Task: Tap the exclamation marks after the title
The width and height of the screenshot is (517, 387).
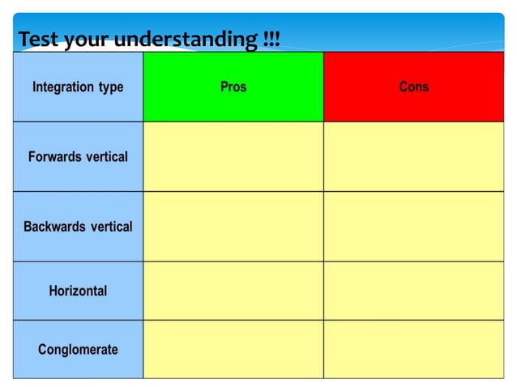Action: click(271, 39)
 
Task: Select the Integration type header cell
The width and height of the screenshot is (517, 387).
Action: click(78, 87)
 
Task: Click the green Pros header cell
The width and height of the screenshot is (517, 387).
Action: click(233, 87)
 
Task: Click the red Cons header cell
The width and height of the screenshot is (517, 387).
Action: click(413, 87)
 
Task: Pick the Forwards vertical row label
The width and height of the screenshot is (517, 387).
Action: click(78, 156)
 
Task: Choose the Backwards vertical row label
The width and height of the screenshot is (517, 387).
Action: click(78, 226)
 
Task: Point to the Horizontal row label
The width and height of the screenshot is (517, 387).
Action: click(78, 291)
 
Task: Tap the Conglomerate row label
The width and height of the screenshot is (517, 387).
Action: click(78, 349)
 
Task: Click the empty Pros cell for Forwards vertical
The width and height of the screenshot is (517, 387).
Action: click(233, 156)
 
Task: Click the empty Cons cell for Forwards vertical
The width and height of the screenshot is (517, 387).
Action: click(413, 156)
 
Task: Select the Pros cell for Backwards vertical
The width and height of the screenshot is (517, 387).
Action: click(233, 226)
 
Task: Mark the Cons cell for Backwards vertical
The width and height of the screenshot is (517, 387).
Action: click(413, 226)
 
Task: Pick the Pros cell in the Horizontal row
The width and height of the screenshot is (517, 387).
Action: click(233, 291)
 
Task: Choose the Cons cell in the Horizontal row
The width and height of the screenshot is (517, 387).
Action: click(413, 291)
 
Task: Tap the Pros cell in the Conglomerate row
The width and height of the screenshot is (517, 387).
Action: click(233, 349)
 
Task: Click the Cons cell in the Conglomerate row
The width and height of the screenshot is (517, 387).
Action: click(413, 349)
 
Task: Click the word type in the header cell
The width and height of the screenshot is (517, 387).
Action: click(109, 87)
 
